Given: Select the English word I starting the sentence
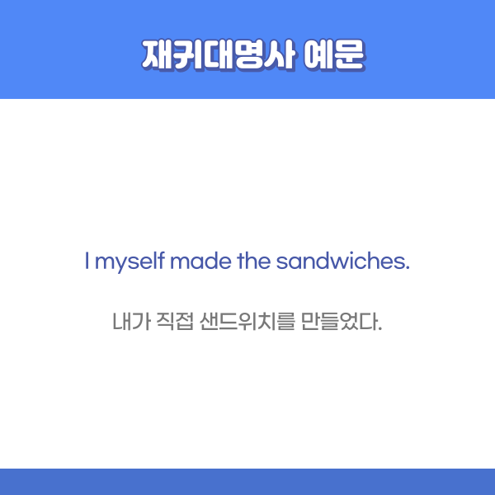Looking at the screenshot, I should tap(87, 262).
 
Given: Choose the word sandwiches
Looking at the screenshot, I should tap(339, 262).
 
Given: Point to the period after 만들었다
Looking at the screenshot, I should tap(380, 328).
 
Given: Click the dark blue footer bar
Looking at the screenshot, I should tap(247, 482).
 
